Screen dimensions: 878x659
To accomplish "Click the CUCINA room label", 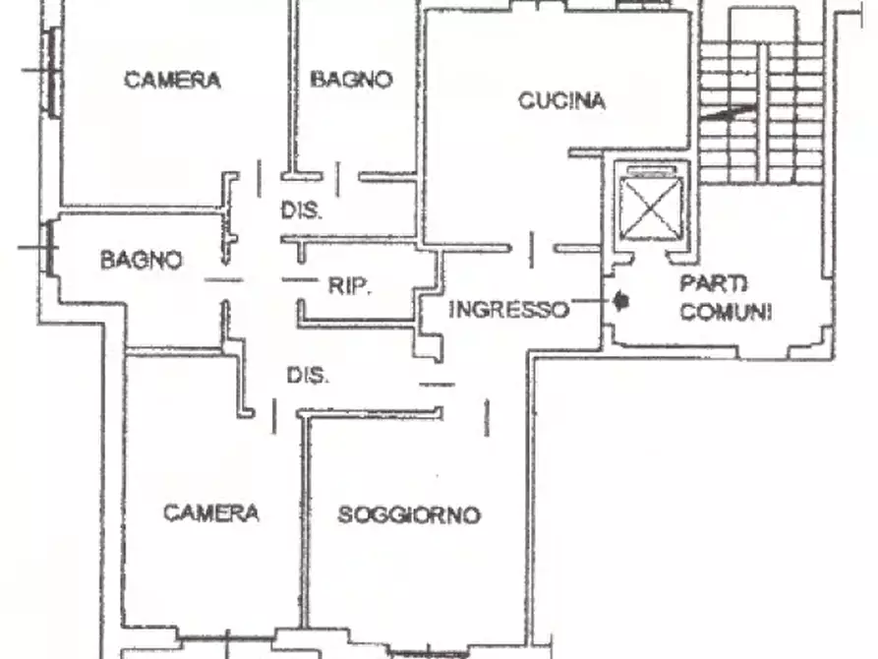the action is tap(561, 101).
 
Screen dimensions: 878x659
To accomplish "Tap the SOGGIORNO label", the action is tap(409, 514).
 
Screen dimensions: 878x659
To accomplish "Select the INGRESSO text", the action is tap(508, 309).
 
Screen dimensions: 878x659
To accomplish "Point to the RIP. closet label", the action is tap(349, 286).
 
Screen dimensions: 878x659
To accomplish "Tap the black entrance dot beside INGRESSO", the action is tap(619, 302).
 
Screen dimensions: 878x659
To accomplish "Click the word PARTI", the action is tap(714, 283).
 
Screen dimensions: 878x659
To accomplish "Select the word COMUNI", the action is tap(726, 311).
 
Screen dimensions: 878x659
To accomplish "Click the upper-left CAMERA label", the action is tap(172, 80).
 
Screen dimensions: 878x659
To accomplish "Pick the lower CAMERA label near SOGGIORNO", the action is tap(211, 512).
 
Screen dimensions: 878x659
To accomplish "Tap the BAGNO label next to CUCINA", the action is tap(351, 79).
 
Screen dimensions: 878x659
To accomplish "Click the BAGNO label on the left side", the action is tap(142, 260).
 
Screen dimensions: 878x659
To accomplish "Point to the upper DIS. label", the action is tap(301, 210).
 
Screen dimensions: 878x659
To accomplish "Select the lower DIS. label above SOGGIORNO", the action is tap(308, 375).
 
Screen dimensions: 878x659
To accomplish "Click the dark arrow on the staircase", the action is tap(728, 112).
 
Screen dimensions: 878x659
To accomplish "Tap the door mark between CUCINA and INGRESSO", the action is tap(531, 250).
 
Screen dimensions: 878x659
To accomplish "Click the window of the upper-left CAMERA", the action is tap(53, 72).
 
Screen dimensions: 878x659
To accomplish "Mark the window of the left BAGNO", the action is tap(49, 247).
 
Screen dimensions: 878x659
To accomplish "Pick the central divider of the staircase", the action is tap(763, 112).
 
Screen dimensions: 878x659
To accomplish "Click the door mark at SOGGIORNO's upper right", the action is tap(487, 417).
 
